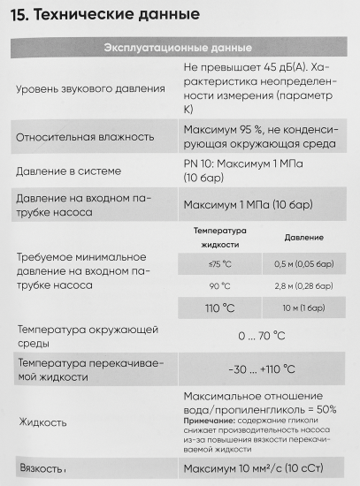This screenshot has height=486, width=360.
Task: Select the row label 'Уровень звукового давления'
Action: (x=90, y=87)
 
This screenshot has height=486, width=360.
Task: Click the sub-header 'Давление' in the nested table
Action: (x=303, y=238)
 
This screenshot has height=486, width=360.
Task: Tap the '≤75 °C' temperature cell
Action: (x=220, y=263)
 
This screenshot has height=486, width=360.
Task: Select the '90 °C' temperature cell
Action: (x=220, y=285)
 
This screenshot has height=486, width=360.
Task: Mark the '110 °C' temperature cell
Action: (x=220, y=308)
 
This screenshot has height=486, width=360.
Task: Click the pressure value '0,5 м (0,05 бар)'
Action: (x=303, y=263)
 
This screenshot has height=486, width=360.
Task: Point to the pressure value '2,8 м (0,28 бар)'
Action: (x=303, y=285)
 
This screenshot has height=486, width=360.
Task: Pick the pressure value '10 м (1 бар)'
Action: (x=303, y=308)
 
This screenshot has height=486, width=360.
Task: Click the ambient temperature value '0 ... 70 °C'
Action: (x=261, y=336)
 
